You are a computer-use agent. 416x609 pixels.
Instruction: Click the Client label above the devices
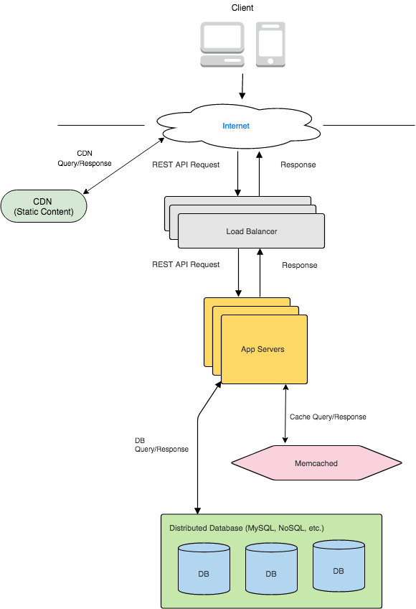click(242, 8)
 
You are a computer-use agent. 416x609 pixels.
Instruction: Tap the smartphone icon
click(270, 45)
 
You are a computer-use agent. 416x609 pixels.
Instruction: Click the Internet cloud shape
click(237, 126)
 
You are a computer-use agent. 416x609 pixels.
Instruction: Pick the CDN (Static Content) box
click(44, 207)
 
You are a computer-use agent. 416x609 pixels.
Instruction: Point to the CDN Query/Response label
click(85, 158)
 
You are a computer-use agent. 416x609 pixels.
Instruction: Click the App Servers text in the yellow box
click(263, 349)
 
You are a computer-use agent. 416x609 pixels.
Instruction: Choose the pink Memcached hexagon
click(316, 463)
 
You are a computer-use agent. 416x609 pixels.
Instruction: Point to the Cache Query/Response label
click(328, 417)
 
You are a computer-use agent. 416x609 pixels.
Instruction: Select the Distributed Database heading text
click(247, 528)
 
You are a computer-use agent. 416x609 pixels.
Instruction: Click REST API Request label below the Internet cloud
click(186, 164)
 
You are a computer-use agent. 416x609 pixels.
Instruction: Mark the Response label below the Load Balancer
click(299, 265)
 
